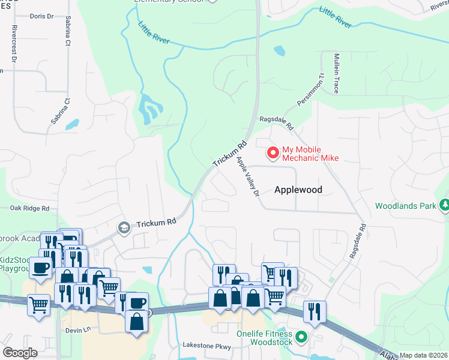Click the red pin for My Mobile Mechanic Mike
273,153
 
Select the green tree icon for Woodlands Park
444,206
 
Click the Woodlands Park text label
405,206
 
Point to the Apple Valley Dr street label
247,178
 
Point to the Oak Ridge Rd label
29,208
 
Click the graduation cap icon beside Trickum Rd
124,226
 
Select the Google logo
20,353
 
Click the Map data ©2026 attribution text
423,355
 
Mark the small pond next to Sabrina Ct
72,125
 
